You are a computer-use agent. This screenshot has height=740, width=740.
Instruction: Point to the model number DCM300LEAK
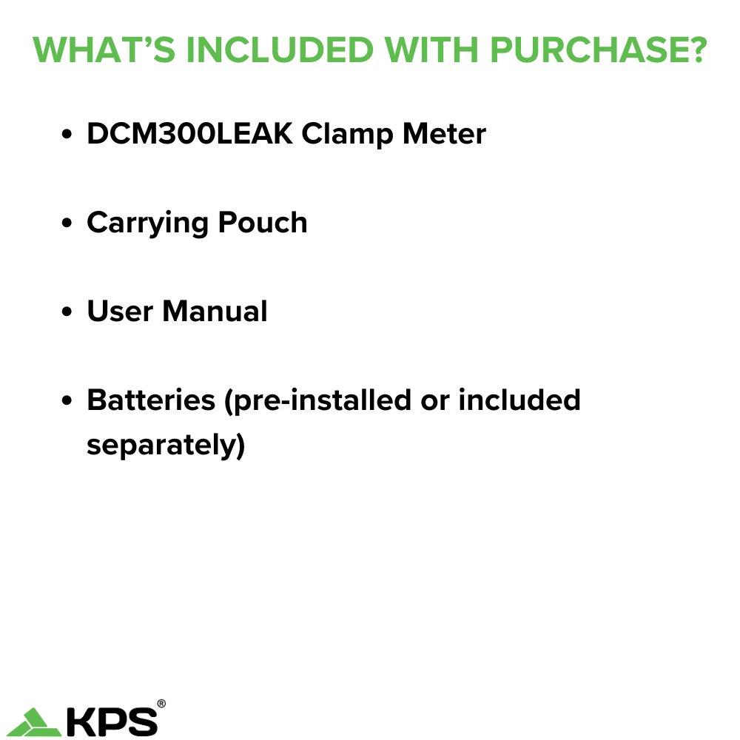pyautogui.click(x=189, y=134)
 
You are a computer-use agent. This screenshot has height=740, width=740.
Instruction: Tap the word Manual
pyautogui.click(x=215, y=312)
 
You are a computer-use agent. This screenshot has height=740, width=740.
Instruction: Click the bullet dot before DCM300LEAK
pyautogui.click(x=67, y=135)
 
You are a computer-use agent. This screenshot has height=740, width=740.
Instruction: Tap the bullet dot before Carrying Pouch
pyautogui.click(x=67, y=224)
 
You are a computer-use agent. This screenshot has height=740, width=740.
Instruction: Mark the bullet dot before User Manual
pyautogui.click(x=67, y=313)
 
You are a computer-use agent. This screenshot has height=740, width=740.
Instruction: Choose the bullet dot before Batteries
pyautogui.click(x=67, y=402)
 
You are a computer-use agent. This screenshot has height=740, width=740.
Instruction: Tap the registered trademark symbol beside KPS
pyautogui.click(x=161, y=704)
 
